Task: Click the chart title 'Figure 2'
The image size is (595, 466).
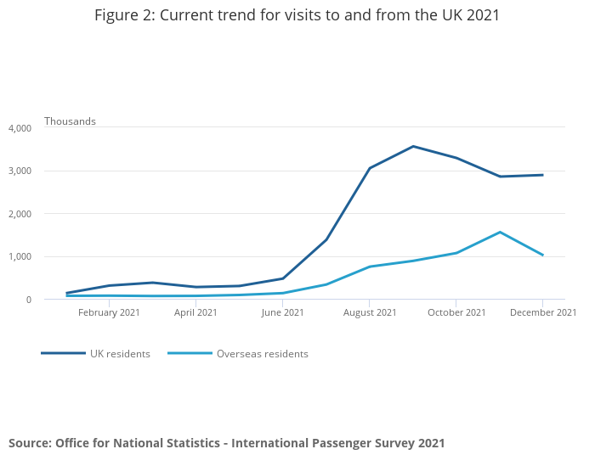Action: click(x=297, y=15)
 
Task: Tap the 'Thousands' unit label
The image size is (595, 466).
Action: click(x=70, y=121)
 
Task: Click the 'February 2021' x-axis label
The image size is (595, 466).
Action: click(x=109, y=312)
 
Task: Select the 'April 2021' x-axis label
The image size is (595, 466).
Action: click(x=195, y=312)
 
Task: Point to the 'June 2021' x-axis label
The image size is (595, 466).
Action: click(x=282, y=312)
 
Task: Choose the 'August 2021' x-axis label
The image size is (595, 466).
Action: click(x=369, y=312)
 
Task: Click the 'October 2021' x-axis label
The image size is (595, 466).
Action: click(x=456, y=312)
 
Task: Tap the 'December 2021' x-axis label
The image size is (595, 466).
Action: click(x=543, y=312)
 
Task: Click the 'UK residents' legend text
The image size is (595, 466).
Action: click(x=120, y=354)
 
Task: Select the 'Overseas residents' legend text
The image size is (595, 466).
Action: click(x=262, y=354)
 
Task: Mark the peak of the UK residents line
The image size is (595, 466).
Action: click(x=413, y=146)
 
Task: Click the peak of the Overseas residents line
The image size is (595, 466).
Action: click(x=500, y=232)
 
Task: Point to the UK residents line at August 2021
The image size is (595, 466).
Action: click(x=370, y=168)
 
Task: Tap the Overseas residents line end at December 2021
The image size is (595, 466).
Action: click(x=542, y=255)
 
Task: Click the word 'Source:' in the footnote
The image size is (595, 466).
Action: click(x=30, y=443)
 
